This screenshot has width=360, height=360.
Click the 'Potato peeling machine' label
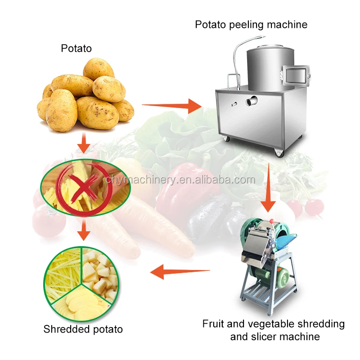coord(251,24)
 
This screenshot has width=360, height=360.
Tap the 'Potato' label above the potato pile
coord(76,48)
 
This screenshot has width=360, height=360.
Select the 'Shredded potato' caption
coord(83,329)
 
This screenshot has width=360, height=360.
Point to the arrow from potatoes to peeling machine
coord(171,106)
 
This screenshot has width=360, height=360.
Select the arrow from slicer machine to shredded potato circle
coord(180,271)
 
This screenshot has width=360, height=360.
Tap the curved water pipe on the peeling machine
coord(236,54)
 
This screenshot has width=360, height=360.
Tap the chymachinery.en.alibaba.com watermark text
coord(180,180)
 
